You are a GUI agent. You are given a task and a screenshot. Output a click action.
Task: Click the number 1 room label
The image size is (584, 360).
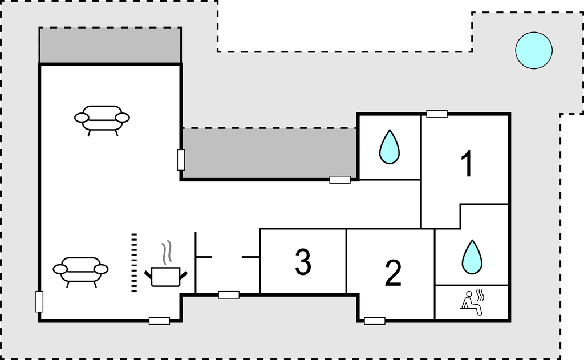467,164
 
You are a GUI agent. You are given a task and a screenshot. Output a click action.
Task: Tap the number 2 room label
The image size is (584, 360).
393,273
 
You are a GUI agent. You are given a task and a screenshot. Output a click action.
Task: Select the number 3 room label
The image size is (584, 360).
303,262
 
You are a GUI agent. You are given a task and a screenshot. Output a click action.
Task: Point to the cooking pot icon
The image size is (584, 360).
165,276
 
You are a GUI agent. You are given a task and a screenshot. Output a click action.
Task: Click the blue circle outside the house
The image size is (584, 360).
534,50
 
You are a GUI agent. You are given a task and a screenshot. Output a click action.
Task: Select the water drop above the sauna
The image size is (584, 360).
472,256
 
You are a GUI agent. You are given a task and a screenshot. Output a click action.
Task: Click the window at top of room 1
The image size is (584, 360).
437,114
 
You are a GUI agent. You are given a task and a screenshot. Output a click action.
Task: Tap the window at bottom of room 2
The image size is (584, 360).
375,321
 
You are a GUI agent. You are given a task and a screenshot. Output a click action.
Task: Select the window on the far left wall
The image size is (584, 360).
39,301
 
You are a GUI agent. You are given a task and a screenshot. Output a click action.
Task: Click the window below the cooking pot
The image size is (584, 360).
159,321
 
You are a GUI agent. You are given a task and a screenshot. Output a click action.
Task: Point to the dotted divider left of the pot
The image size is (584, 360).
134,262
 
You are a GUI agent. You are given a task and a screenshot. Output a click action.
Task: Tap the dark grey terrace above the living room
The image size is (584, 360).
109,45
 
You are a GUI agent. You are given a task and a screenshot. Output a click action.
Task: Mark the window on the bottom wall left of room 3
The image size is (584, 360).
229,294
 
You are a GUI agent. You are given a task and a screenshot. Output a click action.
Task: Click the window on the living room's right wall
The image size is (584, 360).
181,160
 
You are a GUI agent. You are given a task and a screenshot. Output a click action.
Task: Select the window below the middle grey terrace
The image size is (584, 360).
340,180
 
